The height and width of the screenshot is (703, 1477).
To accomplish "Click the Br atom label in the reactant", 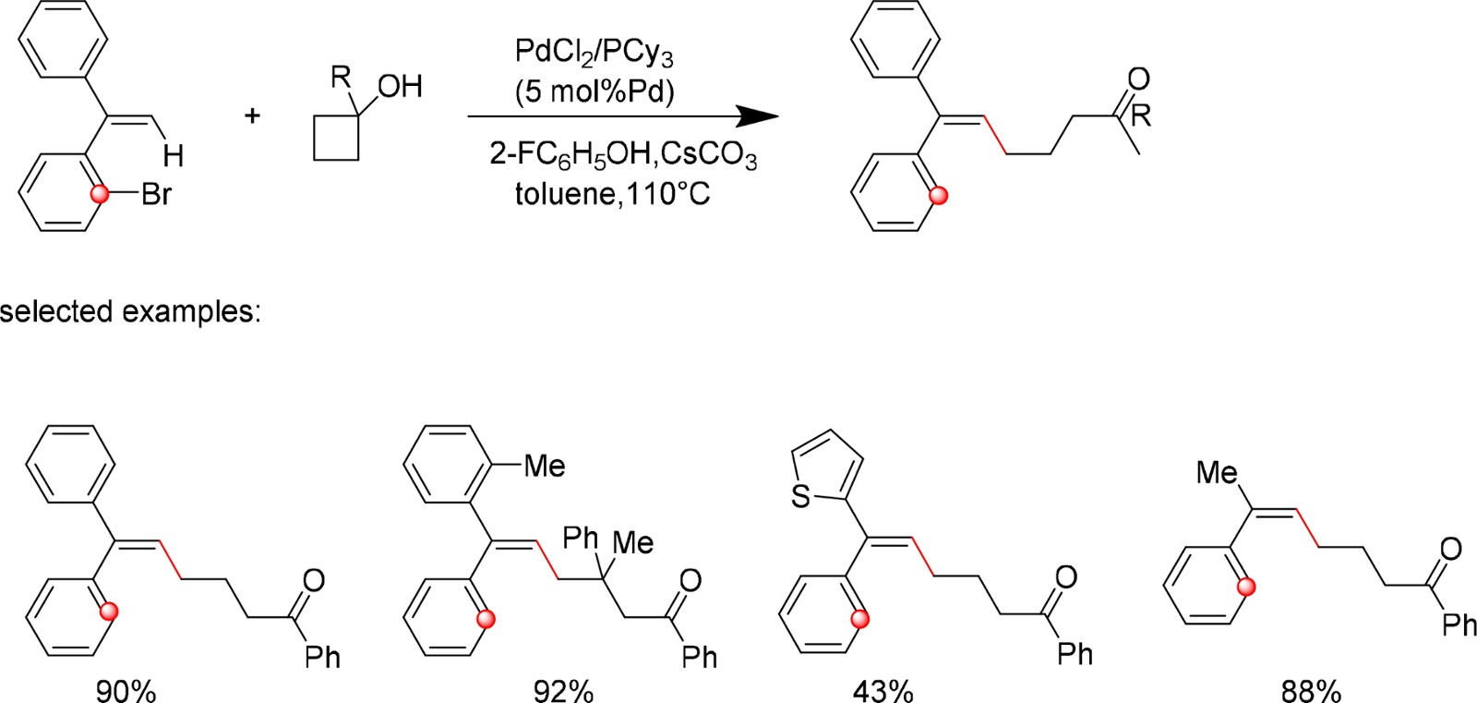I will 156,195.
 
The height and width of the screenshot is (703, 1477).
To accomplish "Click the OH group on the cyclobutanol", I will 400,87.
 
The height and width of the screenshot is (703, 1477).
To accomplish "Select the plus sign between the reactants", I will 252,115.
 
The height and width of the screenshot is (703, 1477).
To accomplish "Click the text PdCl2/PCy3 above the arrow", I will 594,53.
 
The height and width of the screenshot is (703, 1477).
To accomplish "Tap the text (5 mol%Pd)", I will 594,91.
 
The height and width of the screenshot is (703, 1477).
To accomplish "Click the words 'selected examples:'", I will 130,311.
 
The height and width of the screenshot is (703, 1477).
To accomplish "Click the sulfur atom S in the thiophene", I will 800,497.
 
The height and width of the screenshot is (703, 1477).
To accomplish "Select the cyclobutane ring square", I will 336,139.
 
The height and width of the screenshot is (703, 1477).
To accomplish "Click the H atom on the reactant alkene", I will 173,155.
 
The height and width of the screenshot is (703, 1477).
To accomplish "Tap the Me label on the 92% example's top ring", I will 544,467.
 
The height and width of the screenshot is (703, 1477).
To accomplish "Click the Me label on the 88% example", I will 1217,473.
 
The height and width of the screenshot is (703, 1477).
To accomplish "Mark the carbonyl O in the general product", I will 1138,79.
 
